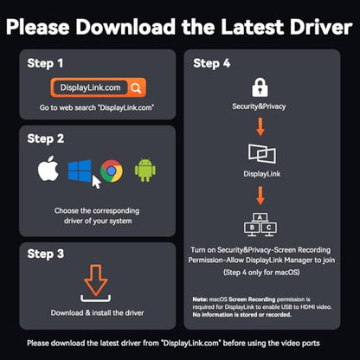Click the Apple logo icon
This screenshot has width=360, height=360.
(48, 169)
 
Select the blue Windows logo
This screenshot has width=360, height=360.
(80, 170)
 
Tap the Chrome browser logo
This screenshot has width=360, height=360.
(112, 170)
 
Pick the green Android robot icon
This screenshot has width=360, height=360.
(145, 170)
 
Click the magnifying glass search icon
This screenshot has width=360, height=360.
(136, 87)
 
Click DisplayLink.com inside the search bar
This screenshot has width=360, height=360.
(90, 87)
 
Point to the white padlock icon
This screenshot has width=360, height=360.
(260, 87)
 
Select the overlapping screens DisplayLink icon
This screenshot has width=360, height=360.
(262, 154)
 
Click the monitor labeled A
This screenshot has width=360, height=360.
(260, 218)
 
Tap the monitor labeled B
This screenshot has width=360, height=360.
(252, 228)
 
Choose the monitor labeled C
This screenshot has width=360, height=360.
(269, 228)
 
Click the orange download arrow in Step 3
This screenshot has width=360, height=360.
(96, 280)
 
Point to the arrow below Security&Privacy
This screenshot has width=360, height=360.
(260, 126)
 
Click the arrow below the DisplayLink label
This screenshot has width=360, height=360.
(260, 196)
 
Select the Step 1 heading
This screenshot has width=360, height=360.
(45, 63)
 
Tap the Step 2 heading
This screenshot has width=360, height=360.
(46, 138)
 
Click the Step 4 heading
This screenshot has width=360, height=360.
(212, 63)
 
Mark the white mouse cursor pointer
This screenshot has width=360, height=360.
(96, 182)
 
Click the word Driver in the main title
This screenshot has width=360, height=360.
(321, 27)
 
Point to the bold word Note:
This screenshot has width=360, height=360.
(200, 299)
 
